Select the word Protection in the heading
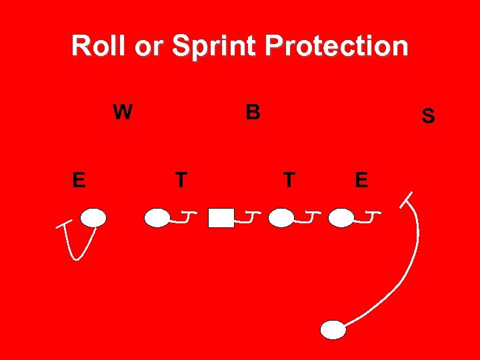tap(336, 46)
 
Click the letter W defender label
tap(122, 113)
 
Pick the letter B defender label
tap(252, 113)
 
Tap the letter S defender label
tap(428, 117)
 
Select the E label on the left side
tap(79, 180)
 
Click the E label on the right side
tap(361, 180)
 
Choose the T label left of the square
tap(180, 180)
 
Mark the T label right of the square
tap(289, 180)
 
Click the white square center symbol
tap(221, 218)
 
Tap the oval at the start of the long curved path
tap(333, 329)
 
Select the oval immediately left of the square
tap(157, 218)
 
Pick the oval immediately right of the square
tap(283, 218)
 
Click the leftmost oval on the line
tap(93, 217)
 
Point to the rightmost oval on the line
tap(341, 217)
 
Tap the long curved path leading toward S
tap(412, 267)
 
